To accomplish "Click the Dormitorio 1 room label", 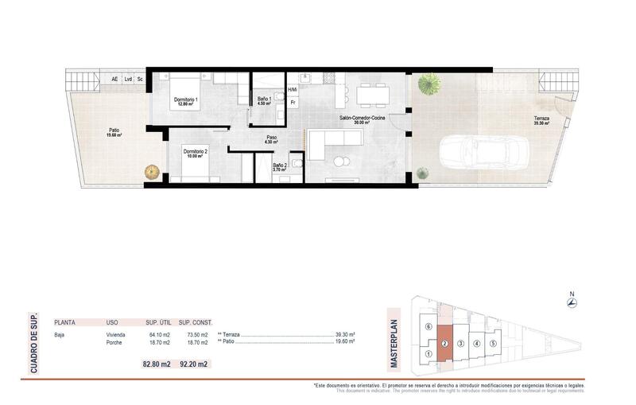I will coord(185,100).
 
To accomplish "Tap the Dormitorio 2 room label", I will coord(195,152).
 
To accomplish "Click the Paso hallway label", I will coord(272,138).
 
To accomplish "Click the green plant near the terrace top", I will coord(431,82).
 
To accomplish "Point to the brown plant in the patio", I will coord(151,170).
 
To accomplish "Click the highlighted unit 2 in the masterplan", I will coord(445,344).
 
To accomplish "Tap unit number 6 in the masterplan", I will coord(429,327).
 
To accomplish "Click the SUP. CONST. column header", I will coord(196,323).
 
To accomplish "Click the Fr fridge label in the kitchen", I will coord(293,102).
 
